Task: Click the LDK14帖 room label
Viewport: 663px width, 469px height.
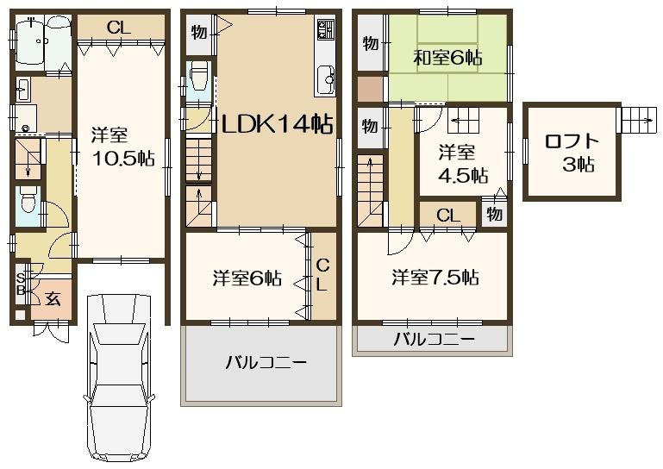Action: tap(277, 124)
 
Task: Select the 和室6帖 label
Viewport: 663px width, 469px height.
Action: tap(447, 58)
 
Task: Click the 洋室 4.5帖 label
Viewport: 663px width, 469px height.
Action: tap(462, 164)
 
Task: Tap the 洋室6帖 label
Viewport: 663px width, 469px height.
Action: tap(247, 278)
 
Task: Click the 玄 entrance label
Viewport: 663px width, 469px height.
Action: tap(53, 299)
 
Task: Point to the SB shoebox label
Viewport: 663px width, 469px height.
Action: tap(21, 284)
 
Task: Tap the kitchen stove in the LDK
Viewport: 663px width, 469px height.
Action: tap(326, 31)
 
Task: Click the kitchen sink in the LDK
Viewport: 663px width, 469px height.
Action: tap(327, 81)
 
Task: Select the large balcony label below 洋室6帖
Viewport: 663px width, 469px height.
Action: tap(266, 362)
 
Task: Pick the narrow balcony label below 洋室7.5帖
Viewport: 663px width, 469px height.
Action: tap(434, 339)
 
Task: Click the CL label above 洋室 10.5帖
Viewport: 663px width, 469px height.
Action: tap(119, 28)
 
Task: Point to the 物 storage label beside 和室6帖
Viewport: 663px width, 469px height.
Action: tap(370, 43)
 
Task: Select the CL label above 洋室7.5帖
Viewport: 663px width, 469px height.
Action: tap(447, 216)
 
